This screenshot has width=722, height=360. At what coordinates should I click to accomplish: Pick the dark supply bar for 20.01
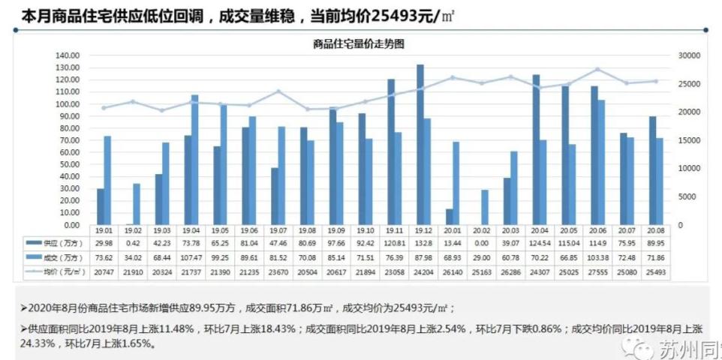coord(449,217)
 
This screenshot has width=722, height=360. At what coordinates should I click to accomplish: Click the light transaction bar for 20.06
coord(601,162)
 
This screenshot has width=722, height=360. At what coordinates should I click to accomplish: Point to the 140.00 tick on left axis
coord(68,55)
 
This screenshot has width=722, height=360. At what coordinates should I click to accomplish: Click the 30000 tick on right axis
coord(688,55)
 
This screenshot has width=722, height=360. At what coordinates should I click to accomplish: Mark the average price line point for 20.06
coord(597,69)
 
